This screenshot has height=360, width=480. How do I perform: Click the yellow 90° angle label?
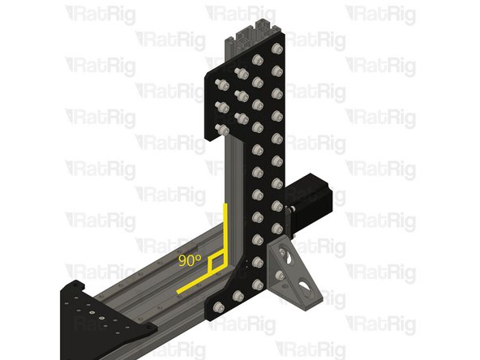point(189,260)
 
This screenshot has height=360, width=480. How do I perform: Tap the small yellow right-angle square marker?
point(216,264)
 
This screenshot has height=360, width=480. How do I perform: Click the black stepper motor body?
point(308,195)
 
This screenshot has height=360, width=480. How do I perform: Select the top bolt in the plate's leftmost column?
point(221,83)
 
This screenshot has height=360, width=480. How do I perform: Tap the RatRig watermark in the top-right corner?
point(380,13)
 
